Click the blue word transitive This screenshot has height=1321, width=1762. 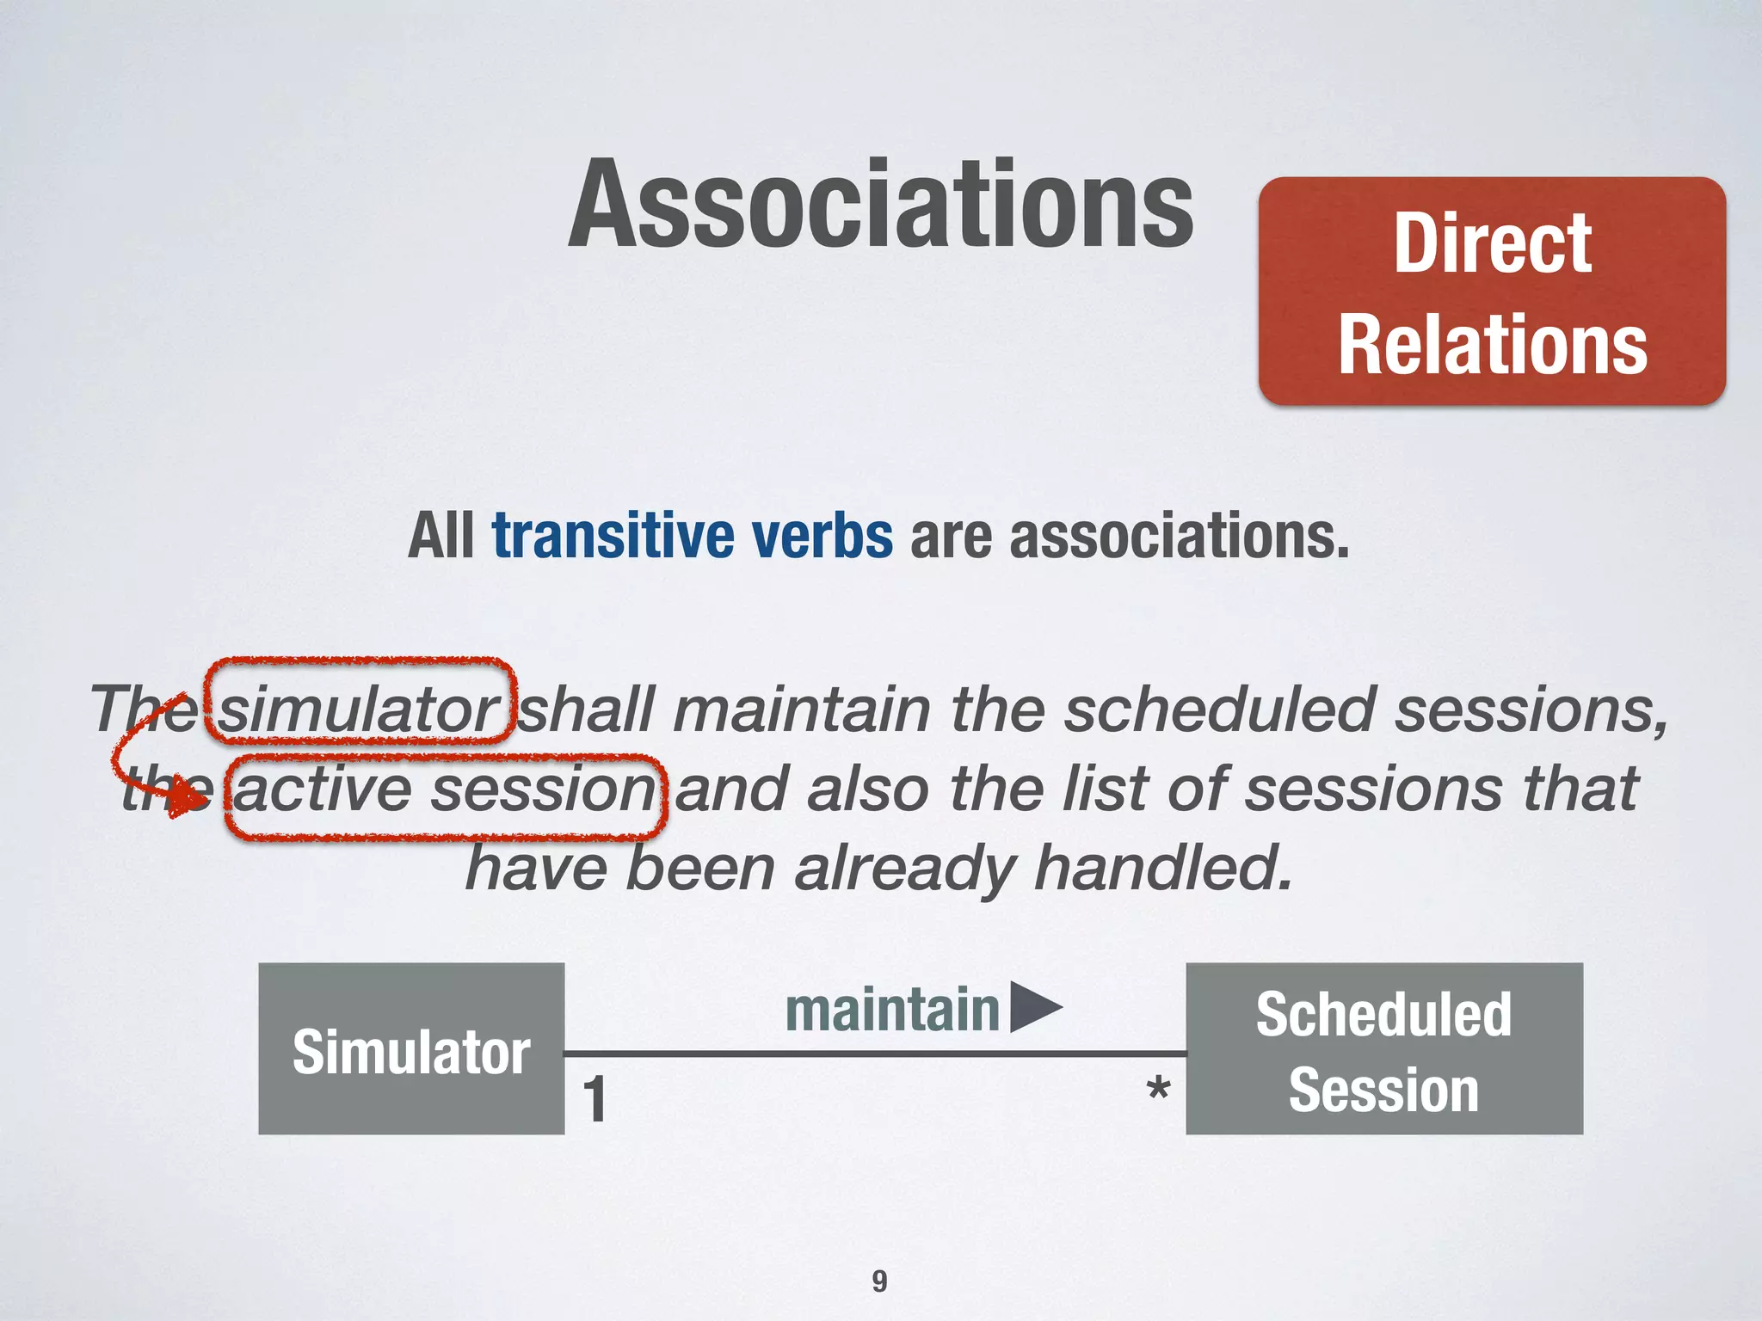[613, 535]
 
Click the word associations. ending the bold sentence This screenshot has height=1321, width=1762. [1179, 537]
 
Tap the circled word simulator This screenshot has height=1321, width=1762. [359, 710]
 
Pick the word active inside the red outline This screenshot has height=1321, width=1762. [323, 790]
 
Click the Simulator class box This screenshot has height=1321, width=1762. [411, 1049]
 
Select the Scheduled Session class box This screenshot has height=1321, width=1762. [1383, 1049]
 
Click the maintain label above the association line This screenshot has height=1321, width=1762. [891, 1010]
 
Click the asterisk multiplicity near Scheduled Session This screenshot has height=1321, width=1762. [1158, 1091]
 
